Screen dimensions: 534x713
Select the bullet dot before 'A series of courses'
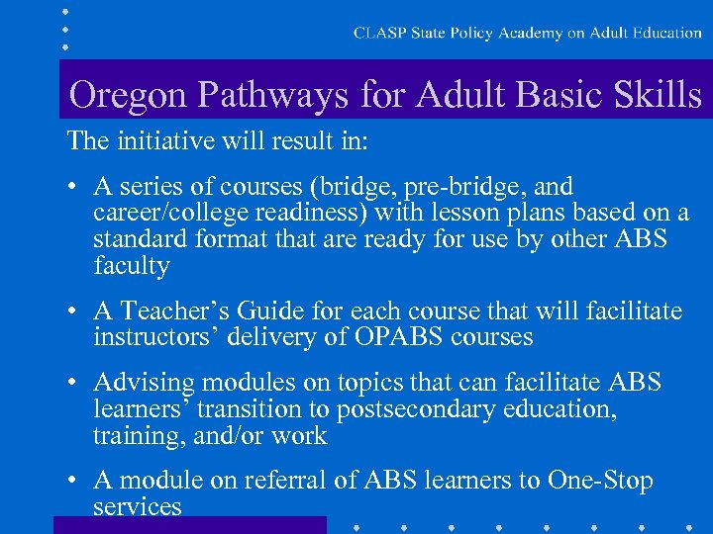(74, 187)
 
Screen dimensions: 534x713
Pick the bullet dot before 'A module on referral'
(74, 482)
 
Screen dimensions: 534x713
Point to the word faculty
(132, 266)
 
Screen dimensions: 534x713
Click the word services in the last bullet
(138, 507)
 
